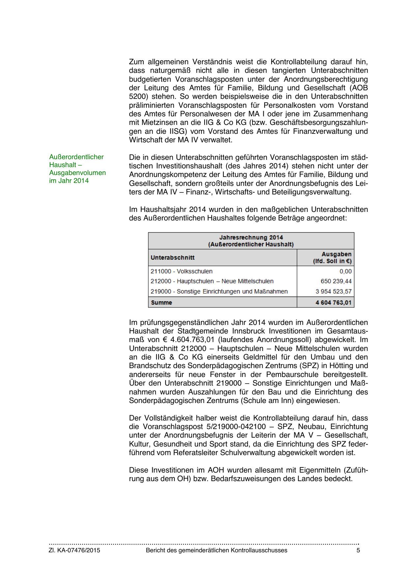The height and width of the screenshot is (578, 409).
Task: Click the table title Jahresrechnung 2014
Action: (x=251, y=237)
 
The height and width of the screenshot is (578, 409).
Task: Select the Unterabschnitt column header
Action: (x=172, y=257)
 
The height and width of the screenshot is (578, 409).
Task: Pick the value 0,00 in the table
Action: (x=345, y=271)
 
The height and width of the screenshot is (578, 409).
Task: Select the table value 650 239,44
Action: (x=336, y=281)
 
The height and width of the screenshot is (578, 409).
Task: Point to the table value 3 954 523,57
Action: (x=334, y=291)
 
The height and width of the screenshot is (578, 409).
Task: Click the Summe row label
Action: (x=161, y=302)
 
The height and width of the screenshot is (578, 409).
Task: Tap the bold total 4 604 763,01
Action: (x=333, y=302)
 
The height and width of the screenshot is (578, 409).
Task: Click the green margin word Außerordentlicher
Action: (x=76, y=157)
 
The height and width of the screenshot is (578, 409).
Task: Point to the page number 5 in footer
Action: (x=358, y=550)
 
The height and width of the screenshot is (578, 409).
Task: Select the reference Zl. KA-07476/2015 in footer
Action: (x=74, y=550)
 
